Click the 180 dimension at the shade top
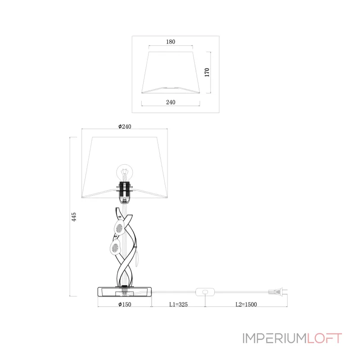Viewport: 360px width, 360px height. [171, 42]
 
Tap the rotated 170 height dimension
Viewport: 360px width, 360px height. [207, 72]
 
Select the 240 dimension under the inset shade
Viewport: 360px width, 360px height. [171, 102]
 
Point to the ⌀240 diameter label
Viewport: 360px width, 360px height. [125, 126]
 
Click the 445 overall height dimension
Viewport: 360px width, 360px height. [74, 217]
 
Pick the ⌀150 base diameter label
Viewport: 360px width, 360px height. [125, 305]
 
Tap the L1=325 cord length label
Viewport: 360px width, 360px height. [178, 305]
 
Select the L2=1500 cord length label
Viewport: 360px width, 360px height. [246, 305]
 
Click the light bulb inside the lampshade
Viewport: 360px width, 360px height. [125, 173]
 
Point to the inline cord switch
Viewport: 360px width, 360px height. [205, 292]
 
